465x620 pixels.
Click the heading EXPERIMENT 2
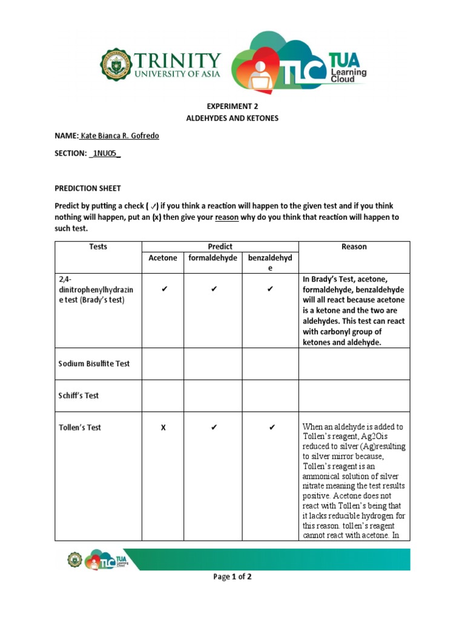click(232, 105)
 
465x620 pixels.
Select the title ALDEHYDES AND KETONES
click(232, 118)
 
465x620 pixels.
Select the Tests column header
click(98, 247)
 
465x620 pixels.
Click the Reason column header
click(354, 247)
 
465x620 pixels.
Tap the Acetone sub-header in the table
click(163, 258)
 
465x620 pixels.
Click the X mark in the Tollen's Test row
click(163, 427)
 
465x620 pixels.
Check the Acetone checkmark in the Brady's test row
click(163, 290)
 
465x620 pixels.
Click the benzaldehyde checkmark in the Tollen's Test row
click(270, 427)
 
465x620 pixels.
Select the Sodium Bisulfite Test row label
click(94, 364)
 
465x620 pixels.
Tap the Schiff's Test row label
click(79, 395)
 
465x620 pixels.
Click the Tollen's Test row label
click(80, 427)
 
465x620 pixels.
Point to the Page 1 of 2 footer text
click(232, 577)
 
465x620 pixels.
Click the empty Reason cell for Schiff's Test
click(354, 395)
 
